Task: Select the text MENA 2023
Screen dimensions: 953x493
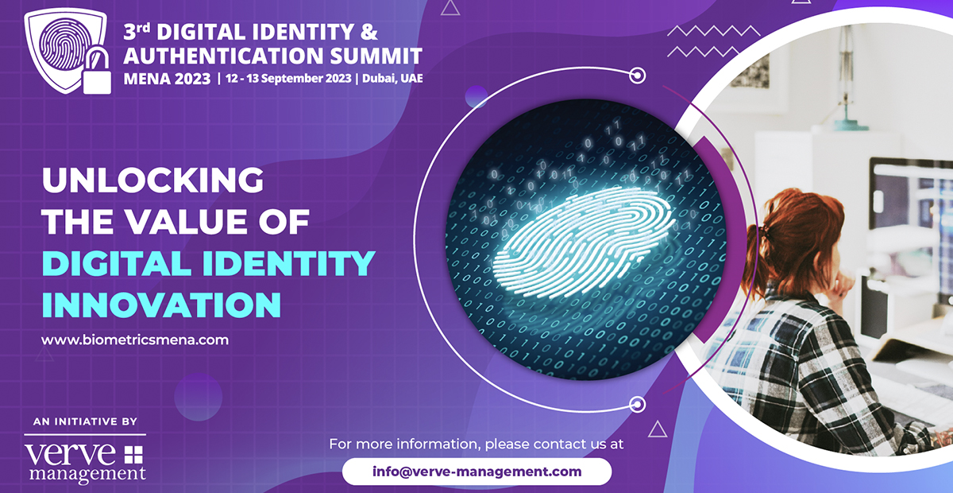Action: [167, 79]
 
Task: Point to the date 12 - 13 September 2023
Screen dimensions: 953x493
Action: [288, 79]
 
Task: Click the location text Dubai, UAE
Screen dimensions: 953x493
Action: [392, 79]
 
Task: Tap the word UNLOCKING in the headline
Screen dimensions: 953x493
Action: [152, 180]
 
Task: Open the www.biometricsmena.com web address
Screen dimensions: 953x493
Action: [135, 340]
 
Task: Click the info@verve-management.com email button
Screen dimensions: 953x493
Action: [477, 472]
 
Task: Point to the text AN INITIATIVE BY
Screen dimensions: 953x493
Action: [85, 421]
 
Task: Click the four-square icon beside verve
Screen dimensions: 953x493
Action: [133, 455]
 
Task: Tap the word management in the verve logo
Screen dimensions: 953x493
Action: [87, 474]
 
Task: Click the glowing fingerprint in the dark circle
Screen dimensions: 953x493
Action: [584, 243]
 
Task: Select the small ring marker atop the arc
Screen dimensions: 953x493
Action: [637, 76]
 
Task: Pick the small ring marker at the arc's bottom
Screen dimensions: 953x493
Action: [637, 405]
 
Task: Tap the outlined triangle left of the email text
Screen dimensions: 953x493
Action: [658, 429]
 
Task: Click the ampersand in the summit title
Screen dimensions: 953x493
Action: [368, 32]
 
